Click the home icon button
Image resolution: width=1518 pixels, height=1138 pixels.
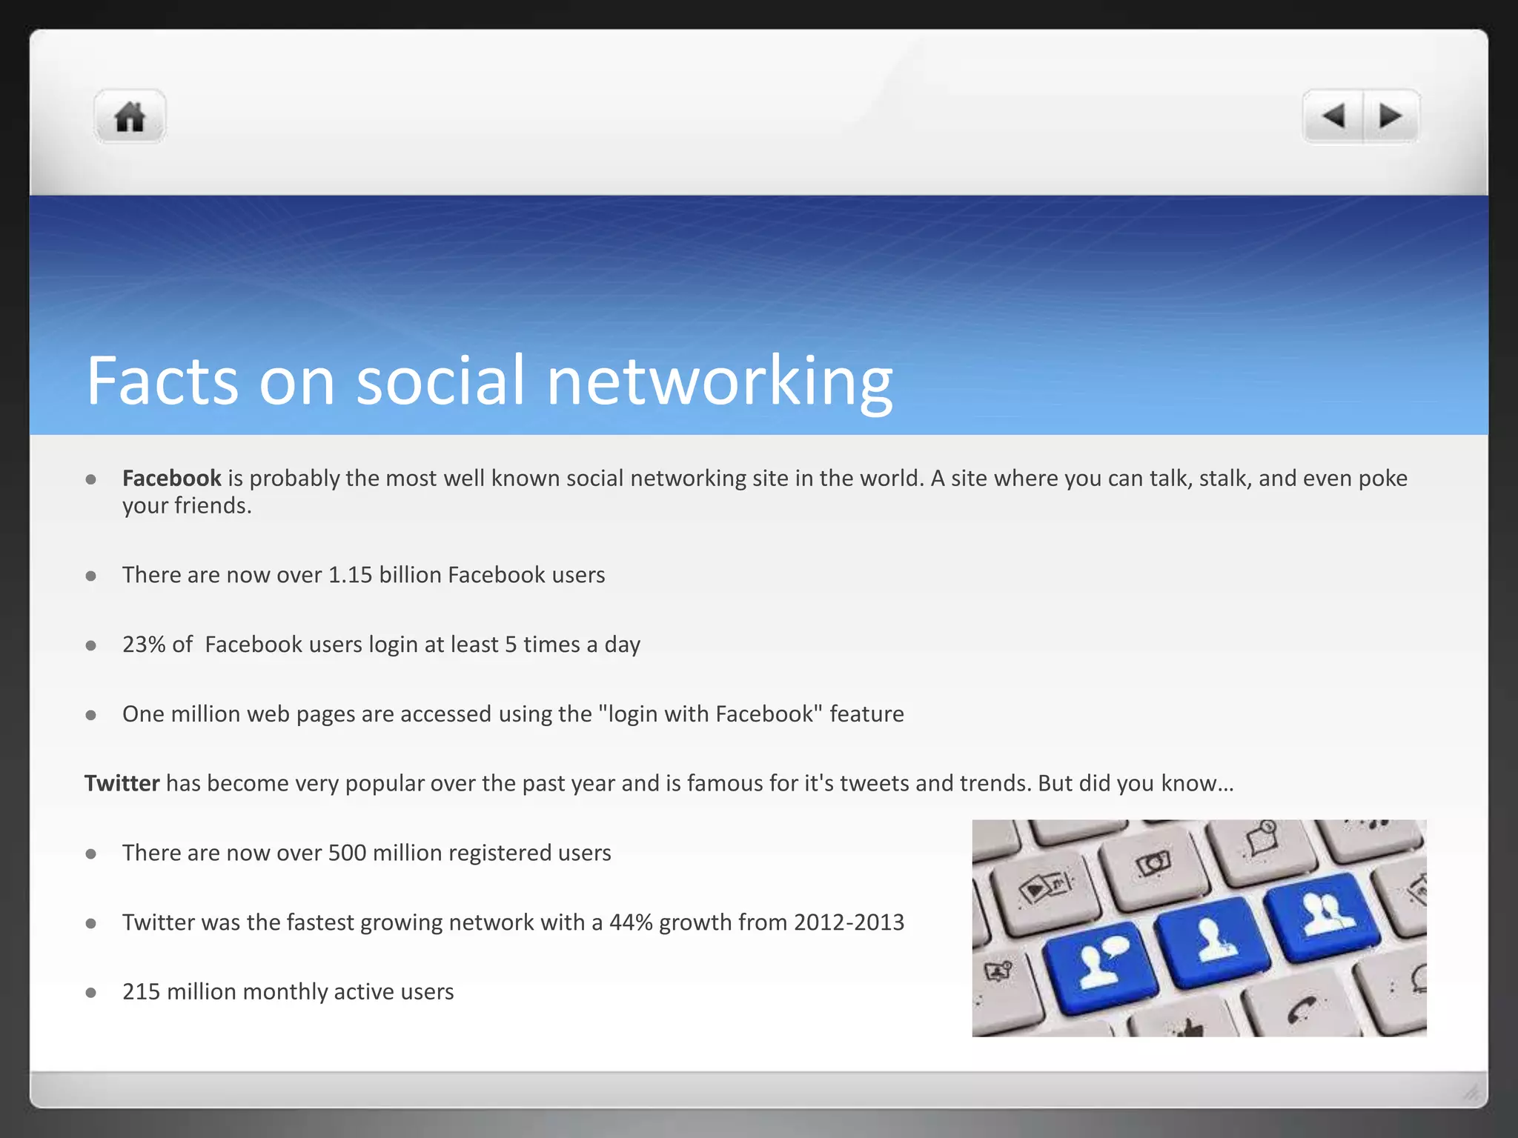pyautogui.click(x=130, y=116)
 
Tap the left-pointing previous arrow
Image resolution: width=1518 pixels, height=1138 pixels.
pyautogui.click(x=1334, y=116)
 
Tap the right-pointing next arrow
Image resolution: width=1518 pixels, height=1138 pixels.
pyautogui.click(x=1391, y=116)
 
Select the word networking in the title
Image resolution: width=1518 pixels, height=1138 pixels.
pyautogui.click(x=719, y=381)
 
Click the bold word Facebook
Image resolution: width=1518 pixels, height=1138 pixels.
pyautogui.click(x=171, y=479)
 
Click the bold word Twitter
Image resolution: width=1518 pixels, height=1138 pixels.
pyautogui.click(x=122, y=783)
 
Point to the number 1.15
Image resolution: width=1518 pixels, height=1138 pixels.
pyautogui.click(x=350, y=575)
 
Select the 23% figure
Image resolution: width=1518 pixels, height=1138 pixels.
pyautogui.click(x=144, y=645)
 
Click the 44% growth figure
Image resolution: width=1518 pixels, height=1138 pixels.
pyautogui.click(x=631, y=922)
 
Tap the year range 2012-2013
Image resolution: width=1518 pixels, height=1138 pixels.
pyautogui.click(x=849, y=922)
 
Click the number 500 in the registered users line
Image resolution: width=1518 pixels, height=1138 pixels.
pyautogui.click(x=347, y=853)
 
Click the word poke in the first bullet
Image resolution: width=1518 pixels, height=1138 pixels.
pyautogui.click(x=1382, y=479)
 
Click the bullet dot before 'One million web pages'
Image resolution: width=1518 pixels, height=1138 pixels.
pyautogui.click(x=91, y=715)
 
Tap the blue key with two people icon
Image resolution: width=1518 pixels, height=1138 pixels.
pyautogui.click(x=1324, y=916)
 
